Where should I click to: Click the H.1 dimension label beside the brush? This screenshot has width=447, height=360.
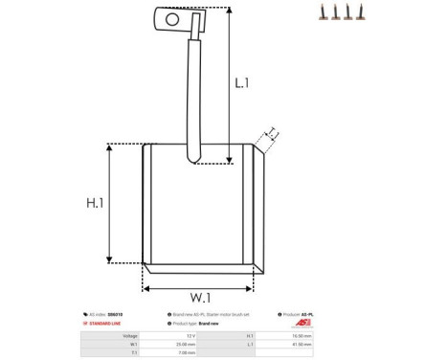coord(95,203)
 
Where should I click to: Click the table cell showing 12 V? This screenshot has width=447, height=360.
coord(190,336)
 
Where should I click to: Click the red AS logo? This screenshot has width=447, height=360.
coord(303,324)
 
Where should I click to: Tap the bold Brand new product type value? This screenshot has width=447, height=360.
coord(210,324)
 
